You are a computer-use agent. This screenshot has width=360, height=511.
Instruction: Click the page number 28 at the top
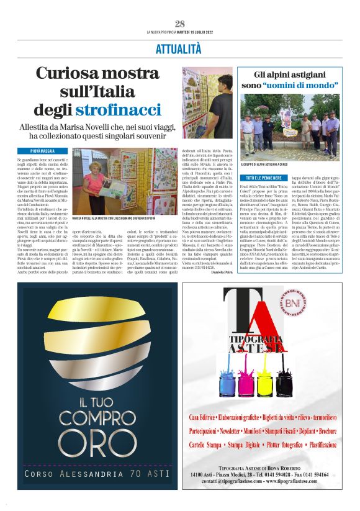(x=180, y=24)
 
